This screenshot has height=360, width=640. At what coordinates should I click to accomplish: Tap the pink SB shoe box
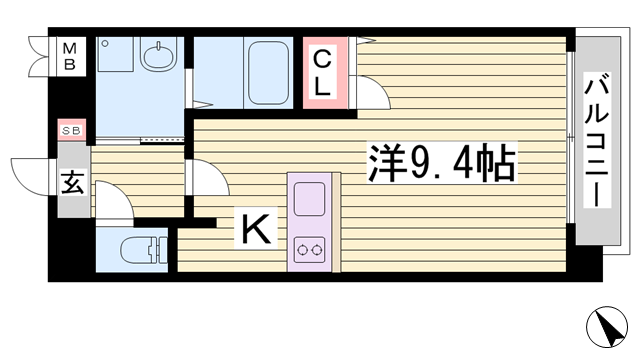pyautogui.click(x=71, y=131)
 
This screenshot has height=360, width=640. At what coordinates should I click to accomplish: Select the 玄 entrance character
pyautogui.click(x=72, y=183)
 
